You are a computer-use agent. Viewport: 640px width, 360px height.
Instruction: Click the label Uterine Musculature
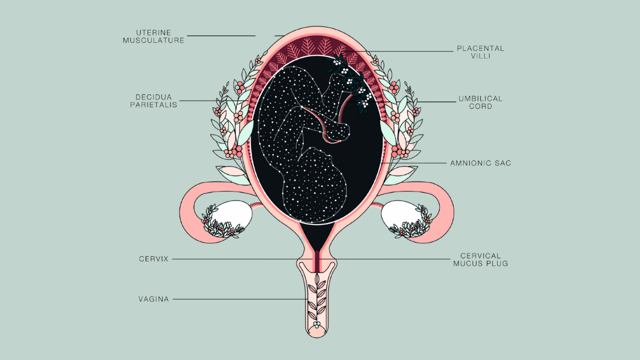(153, 36)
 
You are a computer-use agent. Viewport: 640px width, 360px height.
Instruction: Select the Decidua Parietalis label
(153, 101)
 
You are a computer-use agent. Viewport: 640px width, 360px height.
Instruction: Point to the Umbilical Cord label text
(480, 102)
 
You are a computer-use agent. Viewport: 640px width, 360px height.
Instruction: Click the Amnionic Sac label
(480, 163)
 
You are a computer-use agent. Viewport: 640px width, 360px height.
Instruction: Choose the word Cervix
(153, 259)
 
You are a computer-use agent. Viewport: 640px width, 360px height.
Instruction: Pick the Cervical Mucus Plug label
(480, 259)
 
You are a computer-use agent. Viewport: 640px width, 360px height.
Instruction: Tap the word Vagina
(153, 299)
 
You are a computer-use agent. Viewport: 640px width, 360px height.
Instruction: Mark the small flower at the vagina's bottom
(316, 324)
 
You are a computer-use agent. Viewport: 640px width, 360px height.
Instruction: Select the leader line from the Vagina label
(240, 299)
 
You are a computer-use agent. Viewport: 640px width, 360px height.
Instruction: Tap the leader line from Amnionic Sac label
(415, 163)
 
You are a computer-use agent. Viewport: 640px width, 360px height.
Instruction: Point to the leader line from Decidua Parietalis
(215, 101)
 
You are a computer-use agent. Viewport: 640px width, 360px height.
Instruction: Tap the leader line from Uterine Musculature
(220, 36)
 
